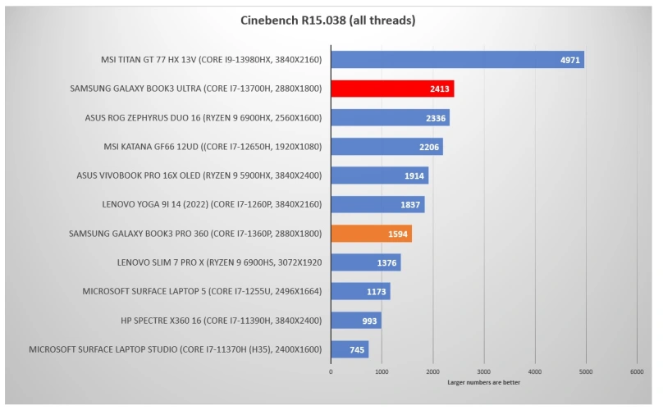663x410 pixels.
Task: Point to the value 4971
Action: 570,60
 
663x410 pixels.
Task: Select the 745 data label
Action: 355,350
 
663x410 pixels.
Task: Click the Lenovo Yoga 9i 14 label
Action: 200,204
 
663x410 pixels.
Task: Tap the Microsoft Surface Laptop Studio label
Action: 176,349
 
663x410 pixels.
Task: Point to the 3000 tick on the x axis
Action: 484,372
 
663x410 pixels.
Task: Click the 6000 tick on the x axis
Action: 637,372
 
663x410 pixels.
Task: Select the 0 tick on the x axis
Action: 331,372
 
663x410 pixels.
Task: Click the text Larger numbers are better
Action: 484,383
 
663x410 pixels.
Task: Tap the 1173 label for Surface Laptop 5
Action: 377,292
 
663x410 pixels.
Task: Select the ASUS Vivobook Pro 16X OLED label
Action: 199,175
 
